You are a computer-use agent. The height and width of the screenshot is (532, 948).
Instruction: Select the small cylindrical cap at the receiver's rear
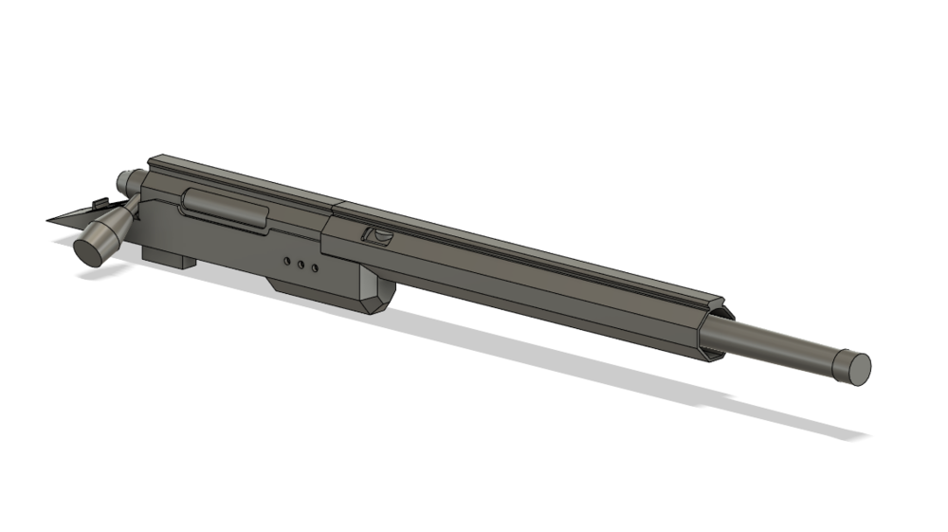click(126, 181)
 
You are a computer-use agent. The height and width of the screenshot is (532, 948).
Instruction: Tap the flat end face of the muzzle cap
click(857, 367)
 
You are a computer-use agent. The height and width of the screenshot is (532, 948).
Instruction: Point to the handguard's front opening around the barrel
click(717, 332)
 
